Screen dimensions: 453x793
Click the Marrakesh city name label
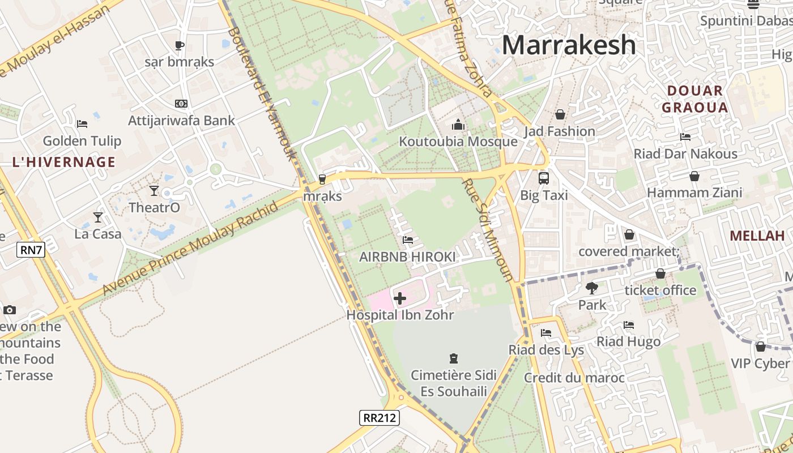tap(569, 45)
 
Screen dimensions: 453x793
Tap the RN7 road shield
tap(31, 249)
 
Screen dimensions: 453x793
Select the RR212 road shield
tap(380, 418)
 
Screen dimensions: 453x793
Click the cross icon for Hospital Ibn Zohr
tap(400, 298)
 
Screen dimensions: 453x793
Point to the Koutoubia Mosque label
tap(458, 142)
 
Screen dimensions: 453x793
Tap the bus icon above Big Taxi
tap(544, 178)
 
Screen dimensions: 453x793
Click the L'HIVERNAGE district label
tap(64, 162)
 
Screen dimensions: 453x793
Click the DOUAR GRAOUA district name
tap(694, 99)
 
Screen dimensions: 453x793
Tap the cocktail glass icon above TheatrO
tap(154, 190)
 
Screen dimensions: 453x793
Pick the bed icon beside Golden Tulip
tap(82, 123)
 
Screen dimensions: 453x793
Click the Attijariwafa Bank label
tap(181, 121)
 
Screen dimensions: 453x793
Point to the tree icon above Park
tap(592, 288)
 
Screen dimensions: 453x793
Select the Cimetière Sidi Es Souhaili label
tap(454, 383)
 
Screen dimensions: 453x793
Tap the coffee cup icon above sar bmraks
tap(180, 45)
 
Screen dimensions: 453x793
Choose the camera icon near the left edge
tap(9, 310)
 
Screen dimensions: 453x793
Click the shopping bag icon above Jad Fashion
tap(560, 115)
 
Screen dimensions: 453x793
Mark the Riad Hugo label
tap(628, 341)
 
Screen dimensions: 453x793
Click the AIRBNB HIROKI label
tap(407, 257)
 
